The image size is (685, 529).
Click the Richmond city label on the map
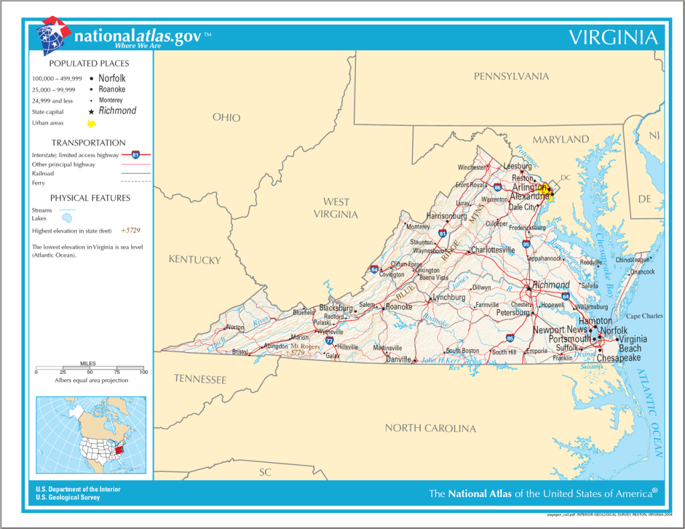(x=551, y=285)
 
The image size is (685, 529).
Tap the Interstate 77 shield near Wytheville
(x=329, y=340)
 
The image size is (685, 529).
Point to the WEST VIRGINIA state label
(x=336, y=208)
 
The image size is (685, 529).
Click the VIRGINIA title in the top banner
(x=613, y=37)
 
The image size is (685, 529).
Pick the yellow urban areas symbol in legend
(x=91, y=124)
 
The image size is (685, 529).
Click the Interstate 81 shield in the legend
(x=136, y=154)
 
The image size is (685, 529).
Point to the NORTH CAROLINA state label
(x=430, y=428)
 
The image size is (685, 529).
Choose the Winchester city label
(x=472, y=167)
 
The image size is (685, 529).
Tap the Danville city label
(x=398, y=359)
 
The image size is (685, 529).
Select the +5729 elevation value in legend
(x=130, y=230)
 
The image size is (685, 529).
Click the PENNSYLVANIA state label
(x=511, y=76)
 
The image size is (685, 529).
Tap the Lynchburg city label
(x=449, y=297)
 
